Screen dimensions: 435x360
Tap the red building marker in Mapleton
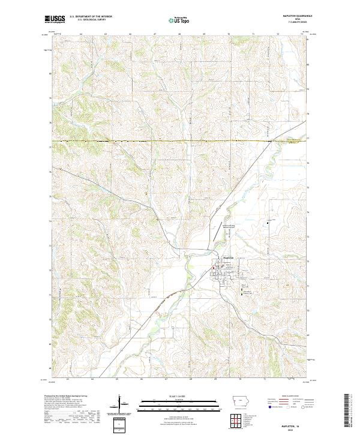[x=220, y=268]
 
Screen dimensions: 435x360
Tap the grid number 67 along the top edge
[x=155, y=34]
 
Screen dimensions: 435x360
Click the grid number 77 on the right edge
[x=308, y=138]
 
